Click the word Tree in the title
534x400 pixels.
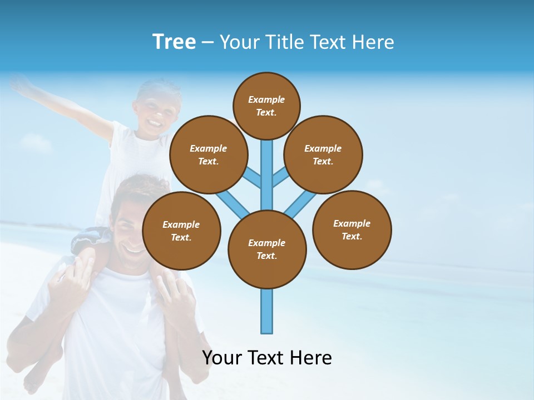click(x=174, y=42)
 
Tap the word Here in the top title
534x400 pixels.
click(x=373, y=42)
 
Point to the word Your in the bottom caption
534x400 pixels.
click(x=221, y=358)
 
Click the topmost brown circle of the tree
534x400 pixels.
click(x=266, y=106)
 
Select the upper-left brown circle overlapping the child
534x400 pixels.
click(x=208, y=154)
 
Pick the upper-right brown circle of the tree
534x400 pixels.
click(x=323, y=154)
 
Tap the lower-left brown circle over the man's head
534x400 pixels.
click(x=181, y=231)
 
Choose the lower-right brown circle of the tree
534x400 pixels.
click(x=352, y=229)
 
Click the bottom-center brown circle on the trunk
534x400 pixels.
click(x=267, y=249)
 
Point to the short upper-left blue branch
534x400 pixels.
click(x=252, y=178)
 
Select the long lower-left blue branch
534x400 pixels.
click(x=232, y=203)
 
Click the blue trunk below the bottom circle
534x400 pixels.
click(x=267, y=311)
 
